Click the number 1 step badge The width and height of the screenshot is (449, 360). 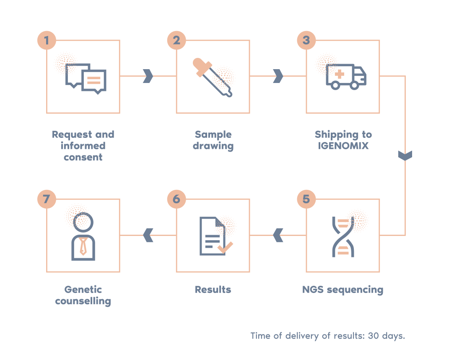(47, 41)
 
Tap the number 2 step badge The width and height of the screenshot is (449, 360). (176, 41)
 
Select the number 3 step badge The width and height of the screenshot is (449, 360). (306, 41)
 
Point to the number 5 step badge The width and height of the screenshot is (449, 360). (306, 199)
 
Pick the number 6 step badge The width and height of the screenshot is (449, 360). (176, 199)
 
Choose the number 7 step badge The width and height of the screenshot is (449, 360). (47, 199)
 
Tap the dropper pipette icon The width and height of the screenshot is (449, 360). (212, 78)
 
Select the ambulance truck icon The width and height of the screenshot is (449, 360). (346, 77)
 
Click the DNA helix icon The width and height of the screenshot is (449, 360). (343, 237)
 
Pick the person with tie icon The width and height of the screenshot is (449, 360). (83, 237)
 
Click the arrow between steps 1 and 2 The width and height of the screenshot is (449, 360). (148, 76)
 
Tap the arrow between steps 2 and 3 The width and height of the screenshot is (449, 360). (278, 76)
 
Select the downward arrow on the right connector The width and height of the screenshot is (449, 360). (405, 156)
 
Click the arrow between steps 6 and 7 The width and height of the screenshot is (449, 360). (148, 235)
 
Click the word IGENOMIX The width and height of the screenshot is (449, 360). (343, 146)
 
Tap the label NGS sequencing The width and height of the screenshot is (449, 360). (343, 290)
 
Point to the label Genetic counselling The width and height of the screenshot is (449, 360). (83, 295)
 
